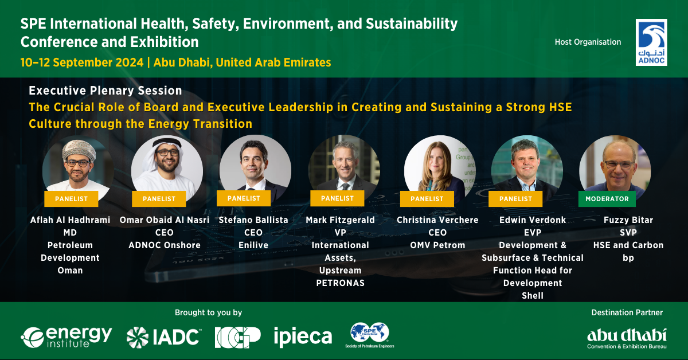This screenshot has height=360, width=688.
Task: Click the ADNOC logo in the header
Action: (x=651, y=42)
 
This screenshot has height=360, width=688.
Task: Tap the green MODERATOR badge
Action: (x=607, y=199)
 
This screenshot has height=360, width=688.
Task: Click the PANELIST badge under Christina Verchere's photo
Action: (x=427, y=199)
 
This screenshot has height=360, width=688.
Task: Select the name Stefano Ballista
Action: (x=253, y=220)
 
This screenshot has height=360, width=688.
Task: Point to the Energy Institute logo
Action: (x=67, y=337)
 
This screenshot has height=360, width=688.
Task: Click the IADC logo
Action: (x=164, y=337)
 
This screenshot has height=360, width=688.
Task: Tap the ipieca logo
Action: (x=303, y=337)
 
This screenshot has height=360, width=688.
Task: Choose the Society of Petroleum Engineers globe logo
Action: (x=370, y=335)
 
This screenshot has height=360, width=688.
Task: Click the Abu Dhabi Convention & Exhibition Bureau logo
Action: (x=627, y=338)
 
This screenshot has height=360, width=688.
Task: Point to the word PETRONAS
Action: (x=341, y=283)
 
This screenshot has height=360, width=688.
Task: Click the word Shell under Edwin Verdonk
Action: (x=533, y=295)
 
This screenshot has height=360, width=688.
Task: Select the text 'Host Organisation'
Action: (x=588, y=42)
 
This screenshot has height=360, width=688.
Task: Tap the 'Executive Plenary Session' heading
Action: (x=105, y=91)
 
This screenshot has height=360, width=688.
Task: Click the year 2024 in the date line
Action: (x=130, y=62)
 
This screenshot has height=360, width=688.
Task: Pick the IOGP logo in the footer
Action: (x=238, y=337)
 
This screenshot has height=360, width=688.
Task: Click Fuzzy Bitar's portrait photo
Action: (x=615, y=170)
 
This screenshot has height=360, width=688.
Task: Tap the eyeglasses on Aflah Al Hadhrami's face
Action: (x=78, y=163)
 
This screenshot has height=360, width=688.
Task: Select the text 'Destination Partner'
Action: (x=627, y=312)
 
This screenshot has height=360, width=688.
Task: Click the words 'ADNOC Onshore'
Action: (x=165, y=245)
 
